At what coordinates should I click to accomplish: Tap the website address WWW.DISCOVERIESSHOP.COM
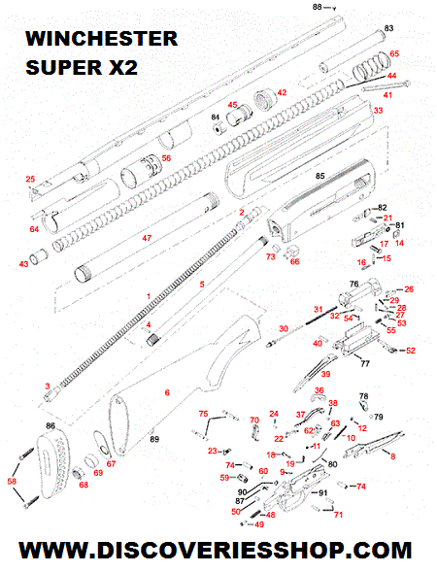click(x=218, y=551)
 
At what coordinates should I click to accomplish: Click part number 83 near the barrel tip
click(x=388, y=27)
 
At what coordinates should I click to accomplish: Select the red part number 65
click(x=393, y=53)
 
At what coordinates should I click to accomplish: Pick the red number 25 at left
click(x=30, y=179)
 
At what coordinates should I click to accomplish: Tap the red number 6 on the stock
click(x=166, y=391)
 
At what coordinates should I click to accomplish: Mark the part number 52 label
click(x=410, y=351)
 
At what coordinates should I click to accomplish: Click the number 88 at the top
click(x=317, y=7)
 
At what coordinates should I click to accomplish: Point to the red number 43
click(x=24, y=263)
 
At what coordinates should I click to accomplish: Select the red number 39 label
click(x=325, y=374)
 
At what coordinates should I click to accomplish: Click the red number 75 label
click(x=203, y=415)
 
